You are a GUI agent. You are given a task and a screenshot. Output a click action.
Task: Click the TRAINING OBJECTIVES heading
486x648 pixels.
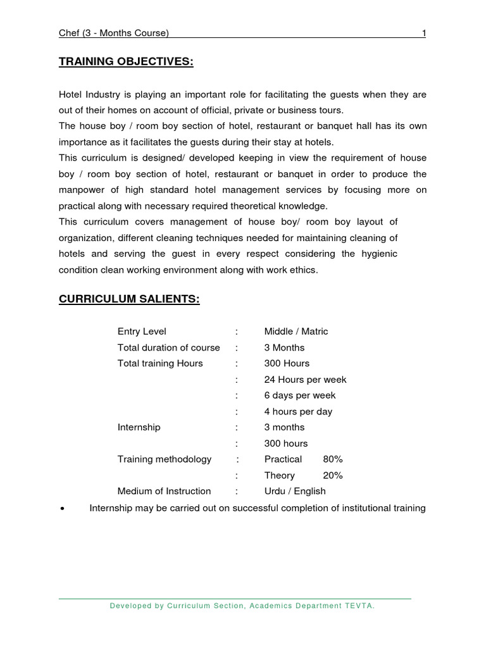[126, 61]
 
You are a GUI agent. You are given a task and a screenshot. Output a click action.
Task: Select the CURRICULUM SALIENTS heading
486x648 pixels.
[129, 299]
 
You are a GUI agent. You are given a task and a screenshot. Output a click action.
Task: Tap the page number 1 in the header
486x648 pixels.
[423, 33]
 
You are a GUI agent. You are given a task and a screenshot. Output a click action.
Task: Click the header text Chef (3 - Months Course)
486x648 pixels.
[114, 33]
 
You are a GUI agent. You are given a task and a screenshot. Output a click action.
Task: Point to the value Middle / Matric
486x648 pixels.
[296, 332]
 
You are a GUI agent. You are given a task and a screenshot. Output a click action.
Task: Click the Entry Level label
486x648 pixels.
[142, 332]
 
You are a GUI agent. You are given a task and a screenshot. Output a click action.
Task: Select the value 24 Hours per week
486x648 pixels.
[305, 380]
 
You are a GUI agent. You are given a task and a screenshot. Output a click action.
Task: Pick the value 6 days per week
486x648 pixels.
[300, 396]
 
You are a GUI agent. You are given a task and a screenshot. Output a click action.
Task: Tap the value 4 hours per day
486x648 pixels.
[298, 411]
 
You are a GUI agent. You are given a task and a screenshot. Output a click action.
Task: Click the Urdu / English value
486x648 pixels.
[295, 491]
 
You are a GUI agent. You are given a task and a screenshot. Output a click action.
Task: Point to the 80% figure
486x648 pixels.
[333, 459]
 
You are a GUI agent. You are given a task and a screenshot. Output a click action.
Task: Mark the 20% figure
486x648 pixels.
[333, 475]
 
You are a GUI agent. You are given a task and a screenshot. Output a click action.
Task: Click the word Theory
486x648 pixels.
[280, 475]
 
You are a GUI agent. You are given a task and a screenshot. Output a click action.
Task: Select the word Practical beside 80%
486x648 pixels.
[283, 459]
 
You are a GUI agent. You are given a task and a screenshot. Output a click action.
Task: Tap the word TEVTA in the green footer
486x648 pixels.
[359, 606]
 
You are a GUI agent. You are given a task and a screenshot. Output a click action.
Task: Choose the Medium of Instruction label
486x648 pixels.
[165, 491]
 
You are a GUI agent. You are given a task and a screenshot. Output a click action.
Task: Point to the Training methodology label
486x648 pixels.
[165, 459]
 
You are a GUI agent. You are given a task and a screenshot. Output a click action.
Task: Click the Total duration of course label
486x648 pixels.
[169, 347]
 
